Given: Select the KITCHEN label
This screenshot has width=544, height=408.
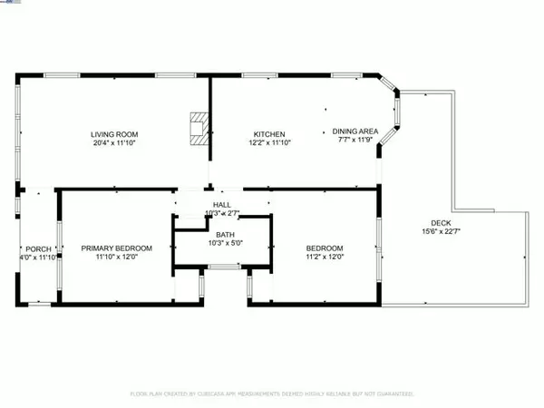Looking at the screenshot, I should point(268,134).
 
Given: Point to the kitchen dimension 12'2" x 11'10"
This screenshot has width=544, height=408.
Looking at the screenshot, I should point(268,142).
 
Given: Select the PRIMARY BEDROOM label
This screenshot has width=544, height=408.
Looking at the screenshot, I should point(116,248).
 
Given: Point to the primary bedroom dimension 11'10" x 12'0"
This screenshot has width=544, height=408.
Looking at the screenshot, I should point(116,257).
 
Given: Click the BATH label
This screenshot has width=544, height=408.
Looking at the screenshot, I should point(222,234).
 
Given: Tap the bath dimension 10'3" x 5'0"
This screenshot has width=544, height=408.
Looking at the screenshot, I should point(222,242).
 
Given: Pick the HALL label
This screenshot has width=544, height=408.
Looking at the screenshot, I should point(222,205).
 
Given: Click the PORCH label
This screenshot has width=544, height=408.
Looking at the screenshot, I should point(38,248).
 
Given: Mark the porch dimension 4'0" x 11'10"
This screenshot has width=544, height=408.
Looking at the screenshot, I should point(38,257).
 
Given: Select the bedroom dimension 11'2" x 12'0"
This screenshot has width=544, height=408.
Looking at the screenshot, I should point(324,257).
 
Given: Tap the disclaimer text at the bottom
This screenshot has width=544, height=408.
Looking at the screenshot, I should point(272,394).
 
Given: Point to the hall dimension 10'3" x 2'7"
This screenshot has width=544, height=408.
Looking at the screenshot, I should point(222,213).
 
